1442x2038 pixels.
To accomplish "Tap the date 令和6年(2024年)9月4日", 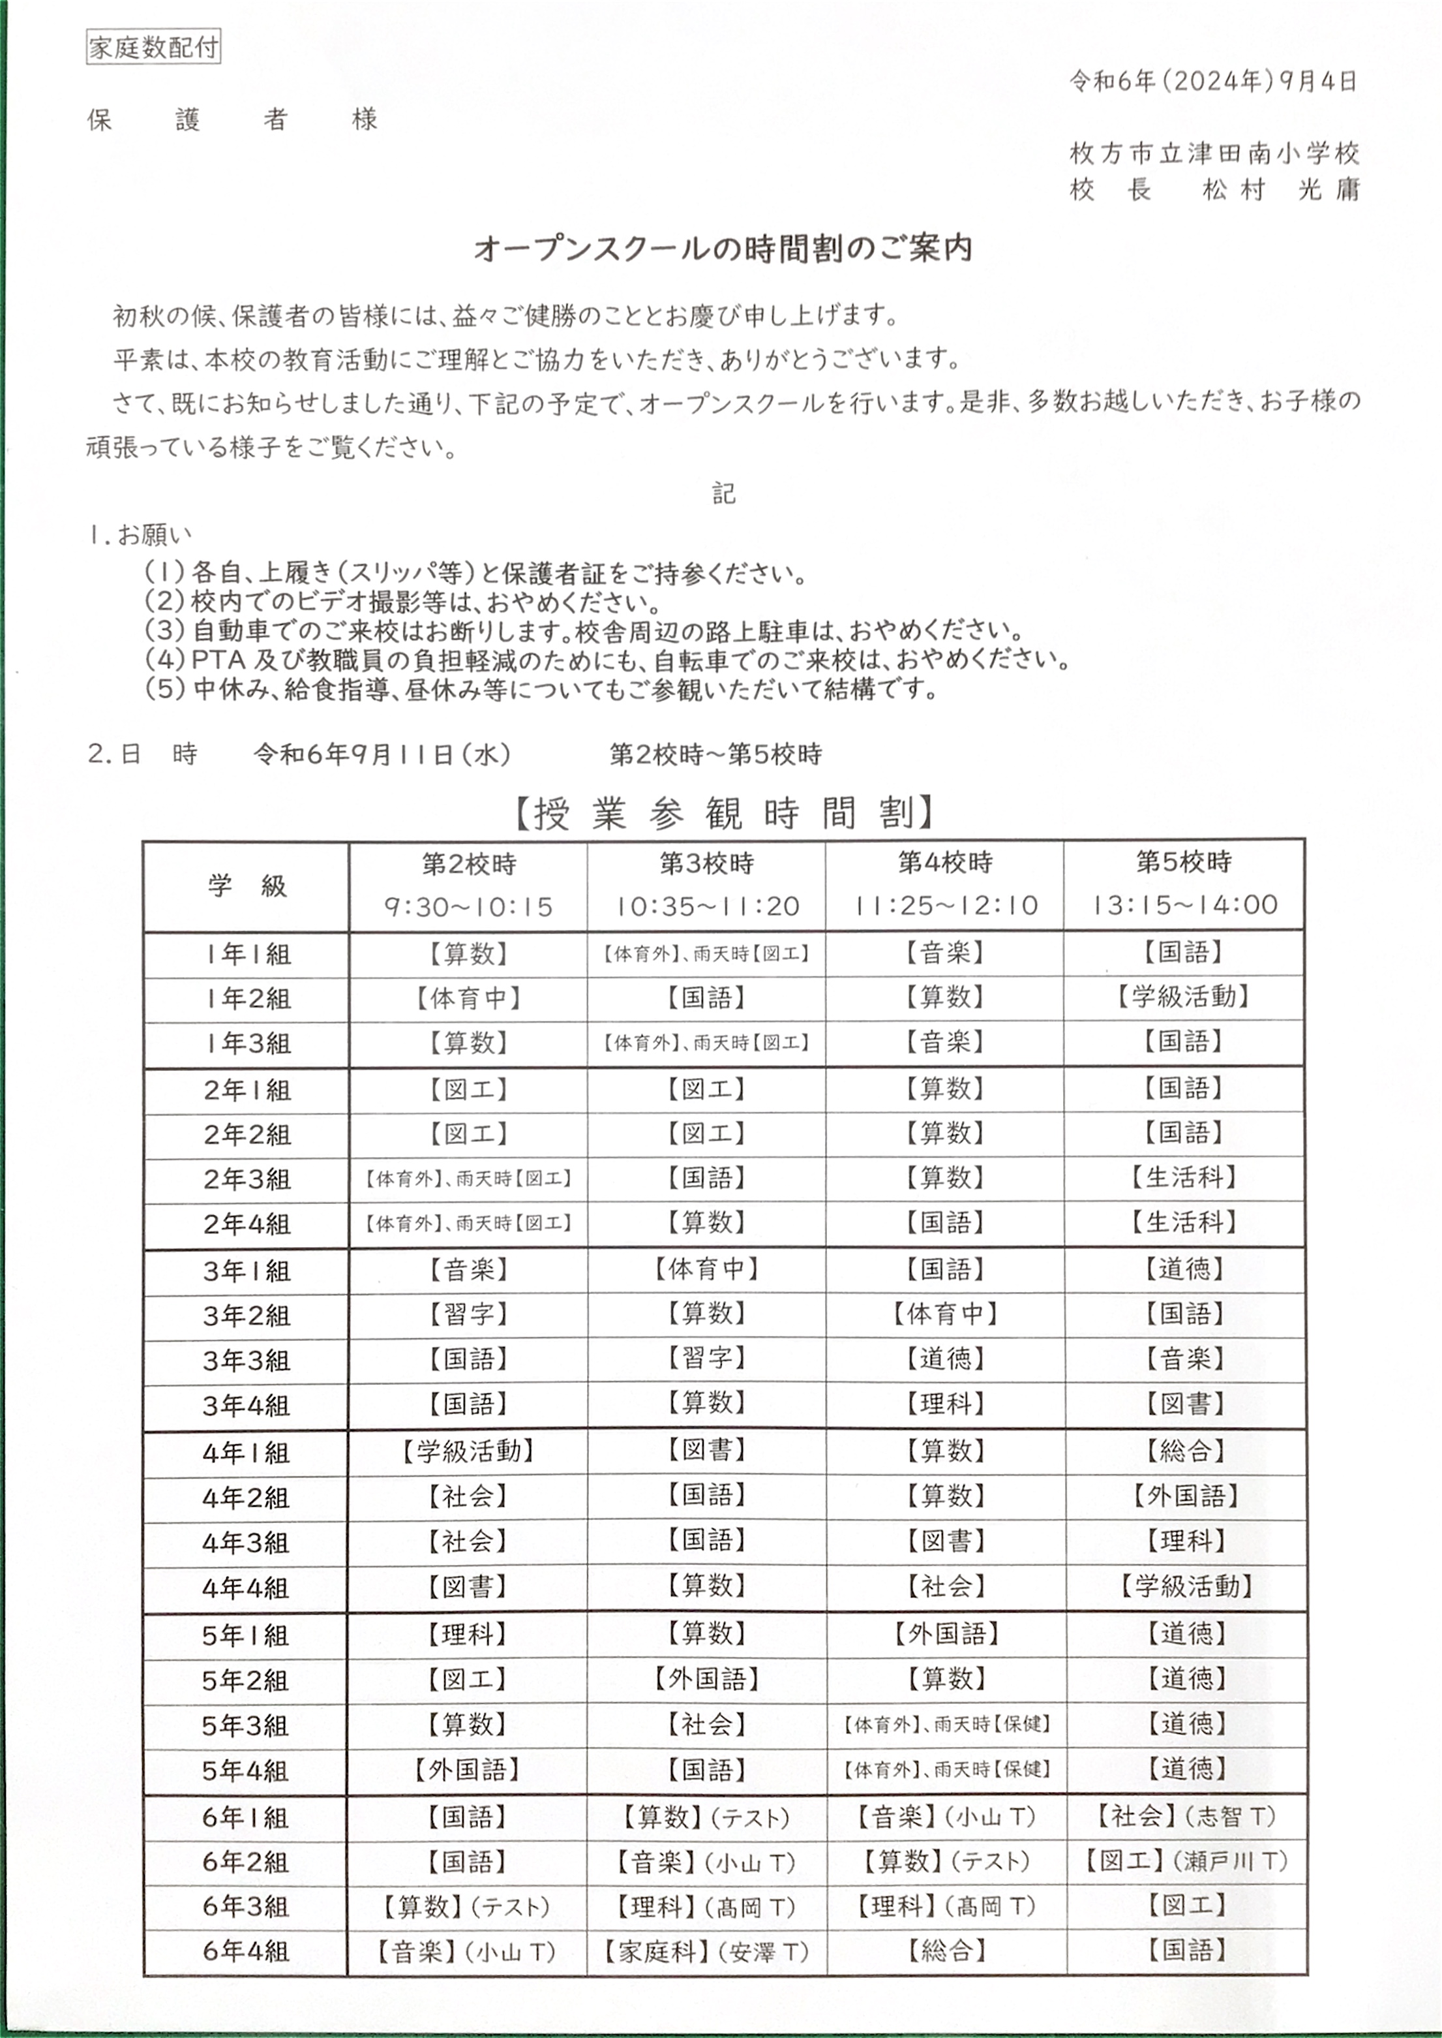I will [1213, 82].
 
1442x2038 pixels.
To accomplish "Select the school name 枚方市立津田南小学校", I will [1214, 154].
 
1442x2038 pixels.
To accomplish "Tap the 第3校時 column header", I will [707, 863].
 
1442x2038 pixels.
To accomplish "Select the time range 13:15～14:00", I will [1184, 905].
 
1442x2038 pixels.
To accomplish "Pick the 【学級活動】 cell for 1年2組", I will [1184, 996].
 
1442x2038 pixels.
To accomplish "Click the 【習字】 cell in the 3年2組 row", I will [468, 1314].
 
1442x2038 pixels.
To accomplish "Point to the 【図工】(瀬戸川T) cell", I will [1184, 1861].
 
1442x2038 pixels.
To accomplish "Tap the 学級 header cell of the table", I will [246, 886].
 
